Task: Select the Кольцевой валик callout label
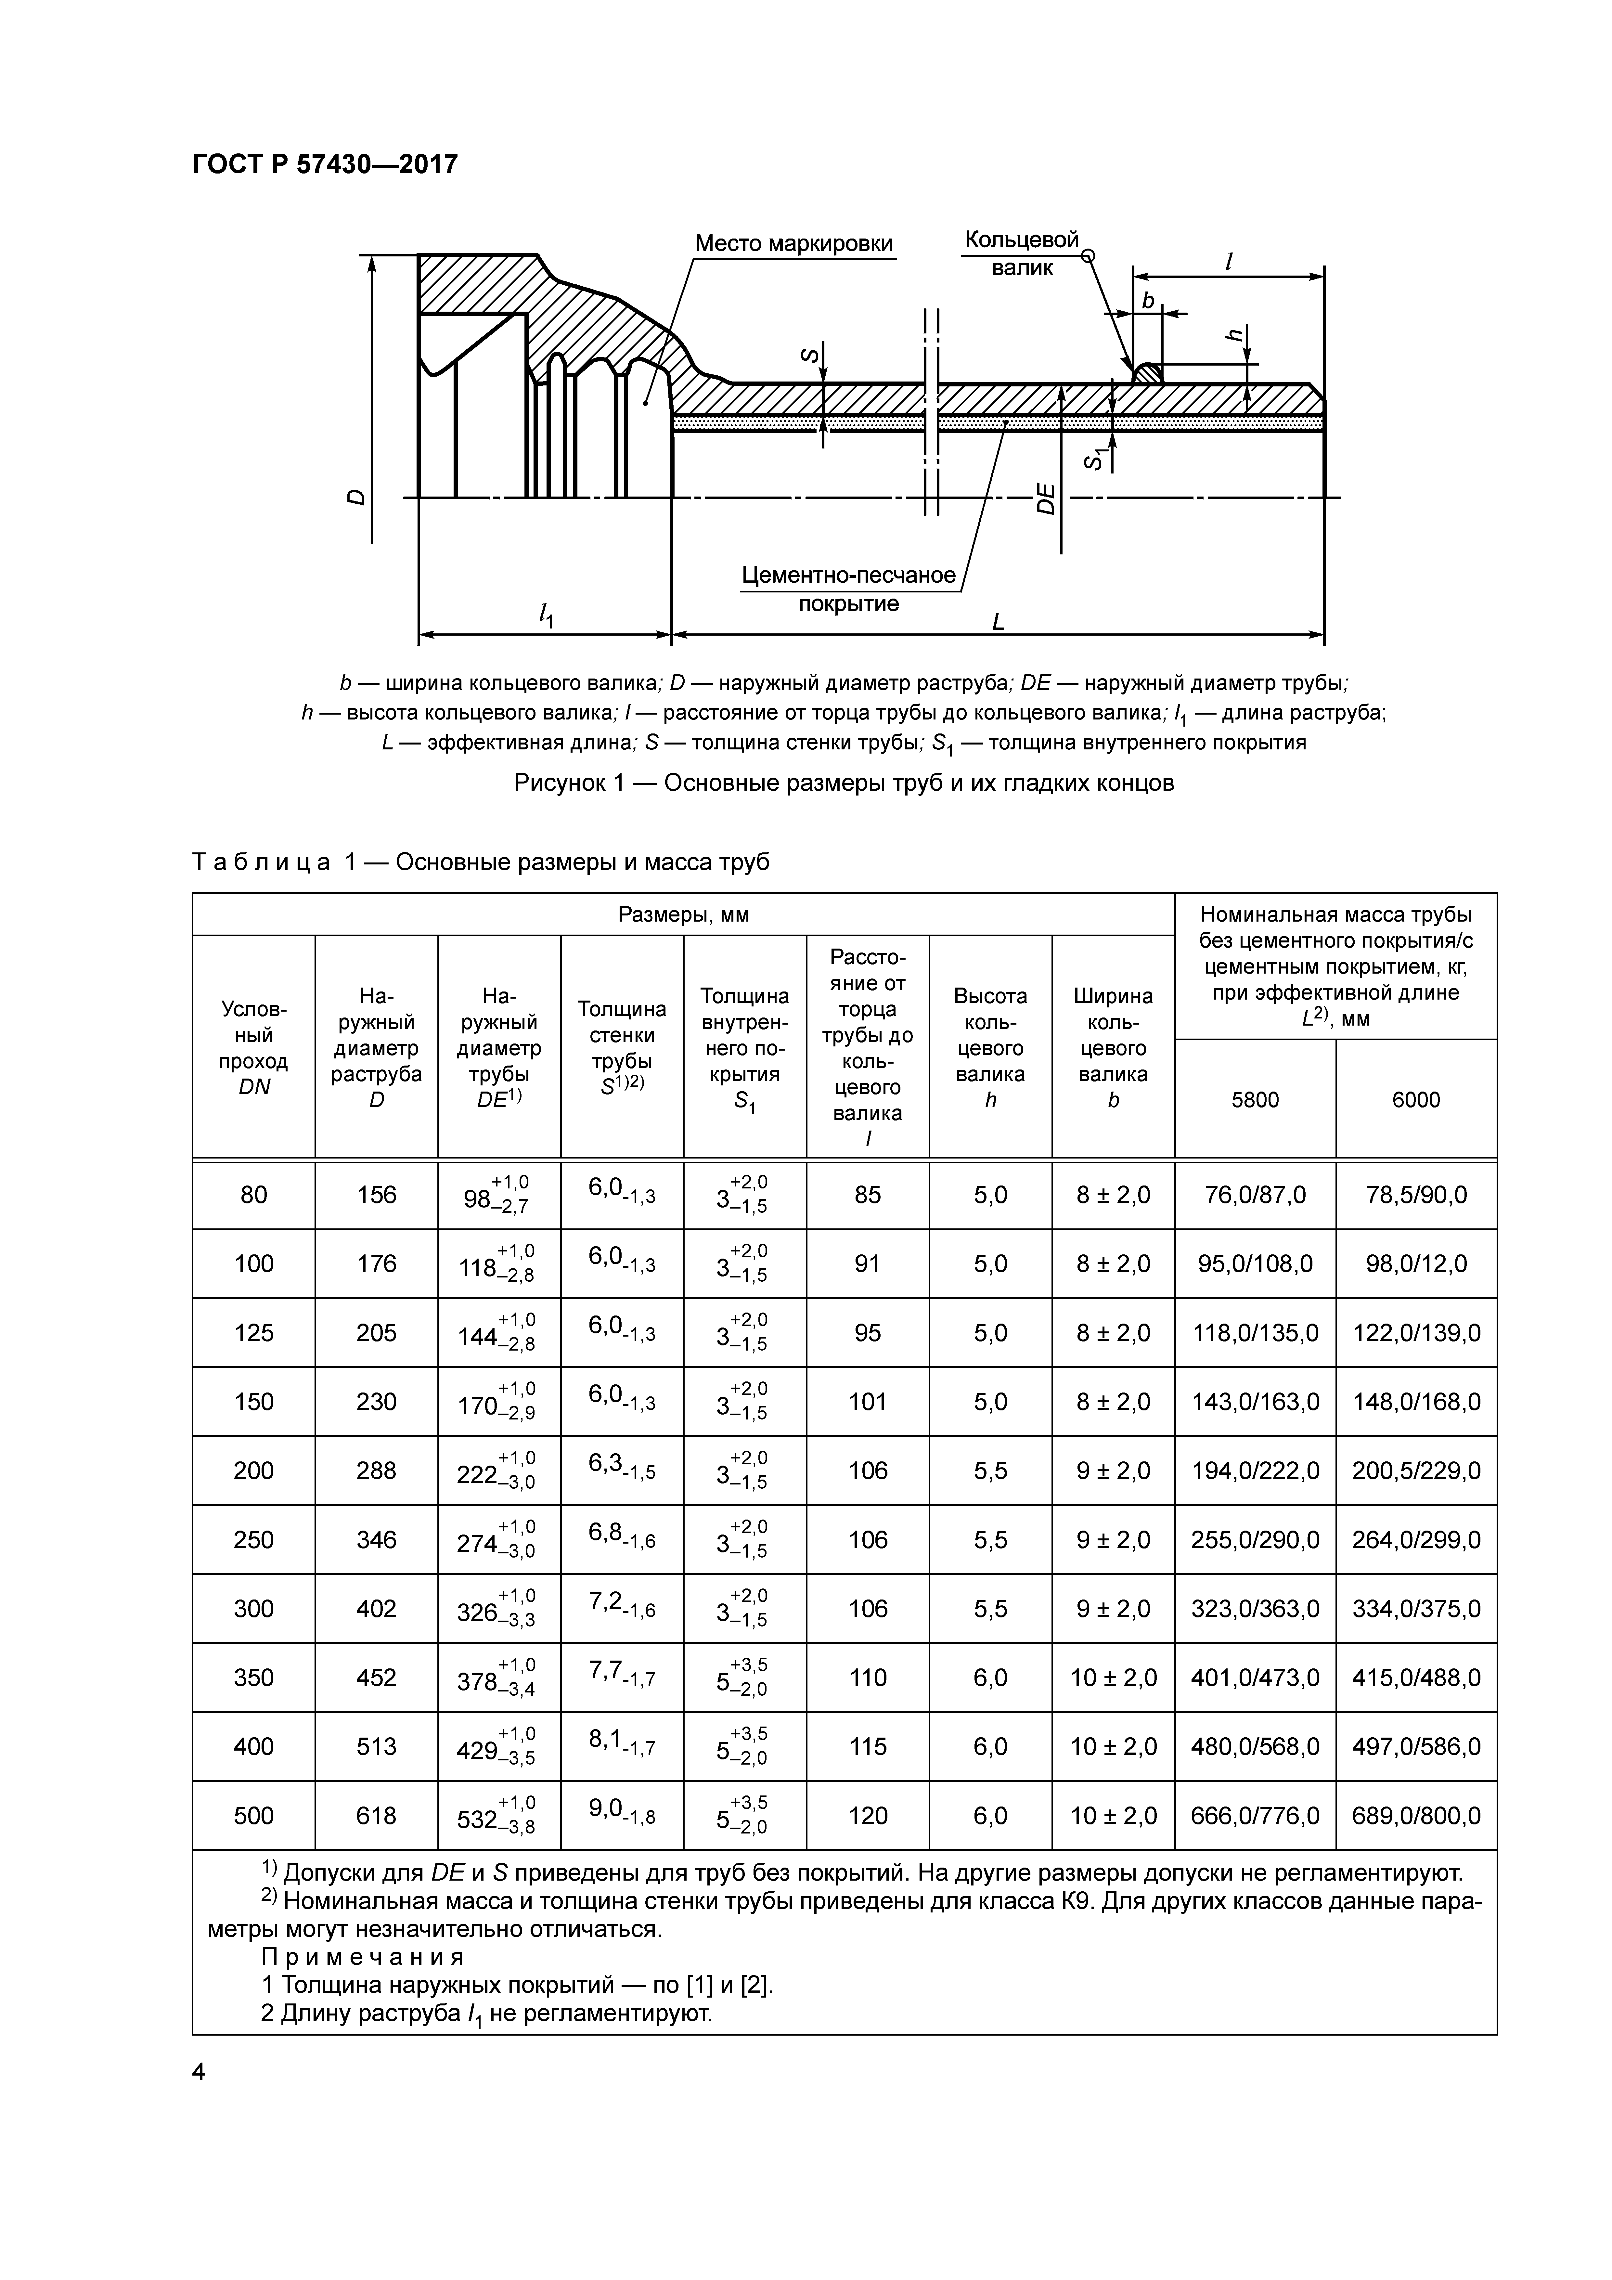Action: click(1021, 253)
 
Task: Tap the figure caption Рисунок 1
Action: click(843, 783)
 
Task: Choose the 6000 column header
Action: click(1415, 1099)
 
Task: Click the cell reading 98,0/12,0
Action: click(1415, 1263)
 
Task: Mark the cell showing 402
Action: click(376, 1608)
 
